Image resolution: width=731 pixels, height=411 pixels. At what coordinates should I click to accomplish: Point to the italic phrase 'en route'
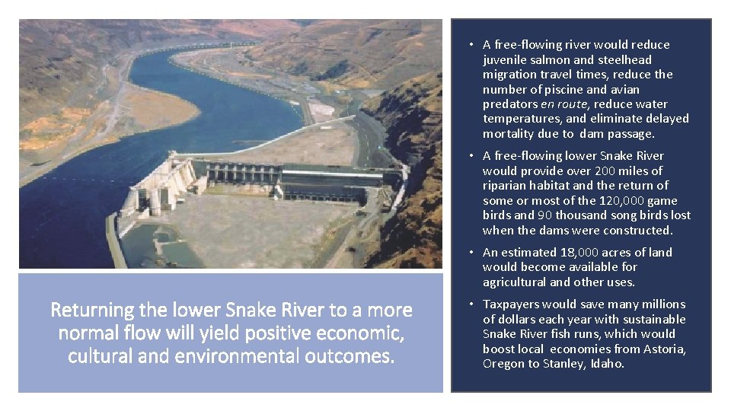[564, 104]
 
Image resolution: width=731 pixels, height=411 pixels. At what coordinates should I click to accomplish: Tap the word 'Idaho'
[607, 364]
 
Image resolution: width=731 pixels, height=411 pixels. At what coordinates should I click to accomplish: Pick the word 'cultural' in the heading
[98, 356]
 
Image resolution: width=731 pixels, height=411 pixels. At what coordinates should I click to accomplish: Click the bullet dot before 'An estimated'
[472, 253]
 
